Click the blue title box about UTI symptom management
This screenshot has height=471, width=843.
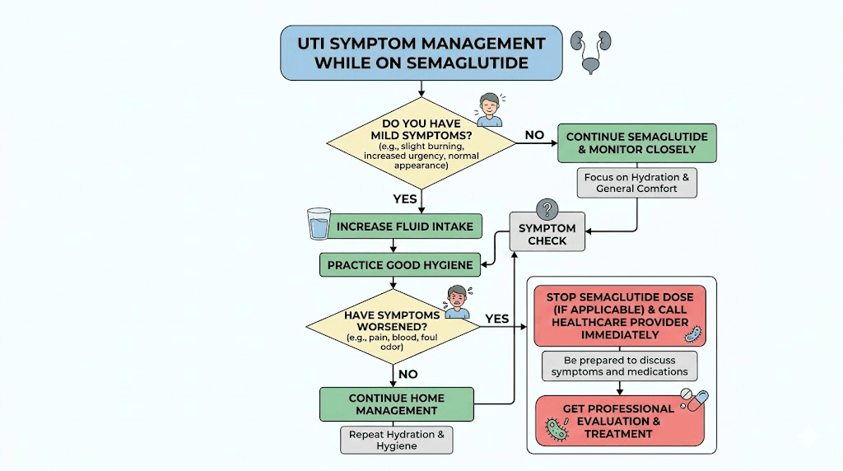421,53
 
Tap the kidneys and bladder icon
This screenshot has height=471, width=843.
594,51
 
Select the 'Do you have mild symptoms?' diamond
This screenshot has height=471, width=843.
421,144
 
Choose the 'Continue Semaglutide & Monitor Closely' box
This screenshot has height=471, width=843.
636,143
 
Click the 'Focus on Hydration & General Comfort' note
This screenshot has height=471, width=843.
636,183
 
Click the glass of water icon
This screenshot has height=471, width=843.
319,223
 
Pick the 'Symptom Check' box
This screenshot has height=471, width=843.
547,234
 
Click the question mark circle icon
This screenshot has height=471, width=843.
547,209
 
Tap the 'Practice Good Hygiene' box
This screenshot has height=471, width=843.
399,264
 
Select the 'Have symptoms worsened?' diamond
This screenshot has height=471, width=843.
392,326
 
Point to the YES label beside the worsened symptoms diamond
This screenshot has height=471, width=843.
496,319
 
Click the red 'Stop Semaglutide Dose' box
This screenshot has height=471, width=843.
619,316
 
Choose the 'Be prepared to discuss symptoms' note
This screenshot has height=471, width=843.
619,366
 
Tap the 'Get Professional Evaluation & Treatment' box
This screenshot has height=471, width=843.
619,420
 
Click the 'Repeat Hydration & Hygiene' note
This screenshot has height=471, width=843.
397,440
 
